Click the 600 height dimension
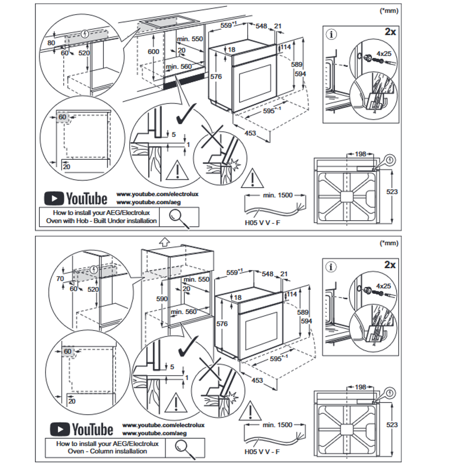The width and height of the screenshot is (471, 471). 152,52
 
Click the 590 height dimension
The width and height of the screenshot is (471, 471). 162,299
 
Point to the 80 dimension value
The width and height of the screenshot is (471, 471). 51,42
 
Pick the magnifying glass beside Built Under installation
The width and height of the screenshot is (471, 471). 178,216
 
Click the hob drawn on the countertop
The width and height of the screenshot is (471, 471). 169,23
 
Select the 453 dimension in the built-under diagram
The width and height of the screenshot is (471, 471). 250,133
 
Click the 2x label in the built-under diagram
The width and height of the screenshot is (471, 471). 390,31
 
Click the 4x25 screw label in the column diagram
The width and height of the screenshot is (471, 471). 384,286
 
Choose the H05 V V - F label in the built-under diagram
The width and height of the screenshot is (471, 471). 264,222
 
